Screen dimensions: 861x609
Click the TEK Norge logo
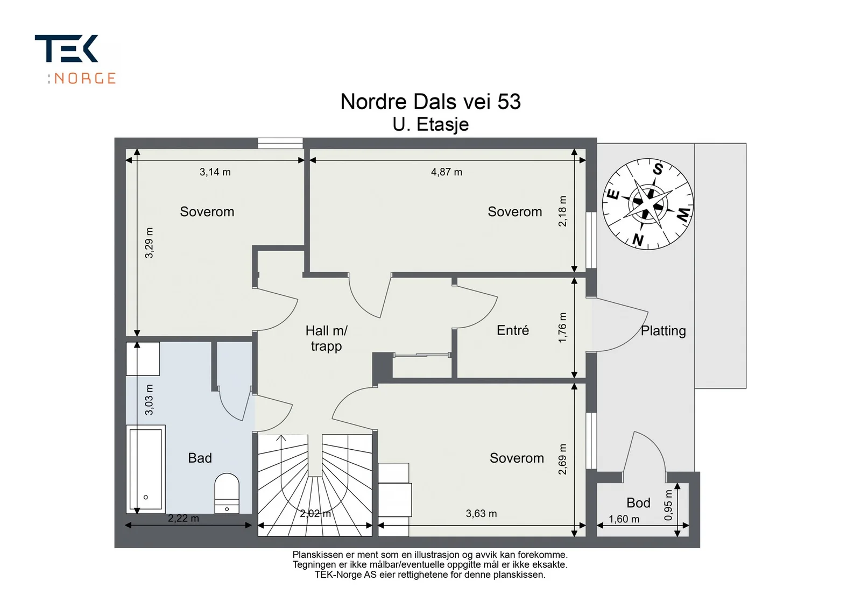point(75,59)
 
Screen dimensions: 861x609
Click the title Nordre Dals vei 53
point(430,102)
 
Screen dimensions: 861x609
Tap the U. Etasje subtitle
point(430,124)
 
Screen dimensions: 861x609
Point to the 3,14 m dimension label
point(215,172)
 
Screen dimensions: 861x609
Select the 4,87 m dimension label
point(446,172)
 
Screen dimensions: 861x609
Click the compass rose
point(648,204)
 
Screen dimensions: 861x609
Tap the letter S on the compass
point(658,169)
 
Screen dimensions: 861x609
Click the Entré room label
point(513,330)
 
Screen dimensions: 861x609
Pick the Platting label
point(663,331)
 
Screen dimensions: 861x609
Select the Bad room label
point(200,458)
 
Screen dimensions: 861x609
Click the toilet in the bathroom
point(227,494)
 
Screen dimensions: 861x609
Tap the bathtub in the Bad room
point(146,469)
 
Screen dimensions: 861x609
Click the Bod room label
point(638,503)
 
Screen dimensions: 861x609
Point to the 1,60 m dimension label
point(624,519)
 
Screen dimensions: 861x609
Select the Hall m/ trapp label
point(326,338)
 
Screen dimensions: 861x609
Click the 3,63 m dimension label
point(481,513)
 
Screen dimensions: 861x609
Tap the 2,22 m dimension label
point(184,518)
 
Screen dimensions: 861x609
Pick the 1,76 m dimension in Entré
point(562,327)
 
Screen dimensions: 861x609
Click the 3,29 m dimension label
point(149,243)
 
